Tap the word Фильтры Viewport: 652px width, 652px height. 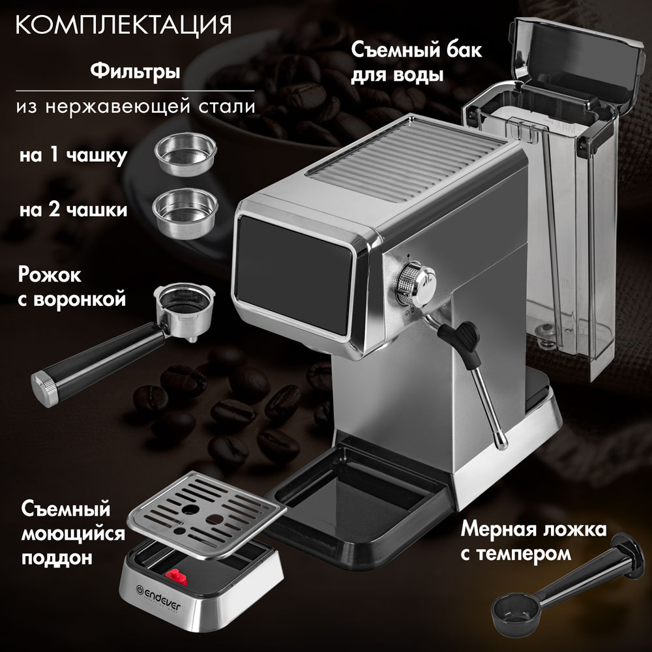[x=135, y=70]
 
